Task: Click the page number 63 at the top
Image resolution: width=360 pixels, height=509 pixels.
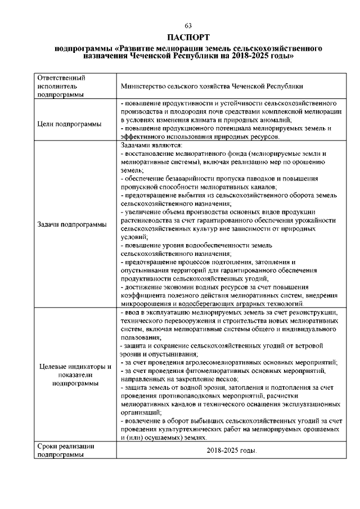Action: pos(188,26)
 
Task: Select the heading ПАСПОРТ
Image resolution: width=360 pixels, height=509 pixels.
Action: pos(188,37)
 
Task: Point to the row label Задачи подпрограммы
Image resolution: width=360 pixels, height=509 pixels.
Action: pos(72,224)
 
